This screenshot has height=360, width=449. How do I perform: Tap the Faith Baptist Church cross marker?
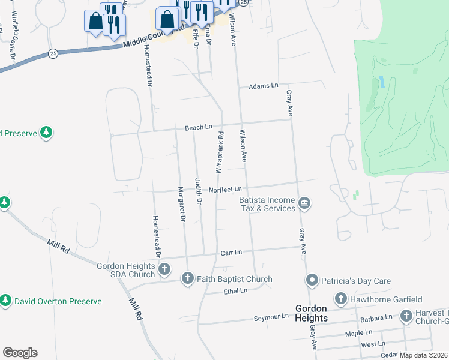188,279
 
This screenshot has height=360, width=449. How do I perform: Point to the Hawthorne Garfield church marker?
340,299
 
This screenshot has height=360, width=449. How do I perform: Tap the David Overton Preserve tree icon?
6,301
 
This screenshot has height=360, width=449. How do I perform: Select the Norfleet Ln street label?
225,190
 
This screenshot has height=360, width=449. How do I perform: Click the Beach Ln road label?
199,127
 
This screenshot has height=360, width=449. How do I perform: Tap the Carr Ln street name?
231,253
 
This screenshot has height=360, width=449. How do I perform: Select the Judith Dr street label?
197,191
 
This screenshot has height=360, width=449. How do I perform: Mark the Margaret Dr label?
180,204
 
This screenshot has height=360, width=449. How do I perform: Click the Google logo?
20,353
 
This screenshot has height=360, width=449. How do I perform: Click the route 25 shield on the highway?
53,53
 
